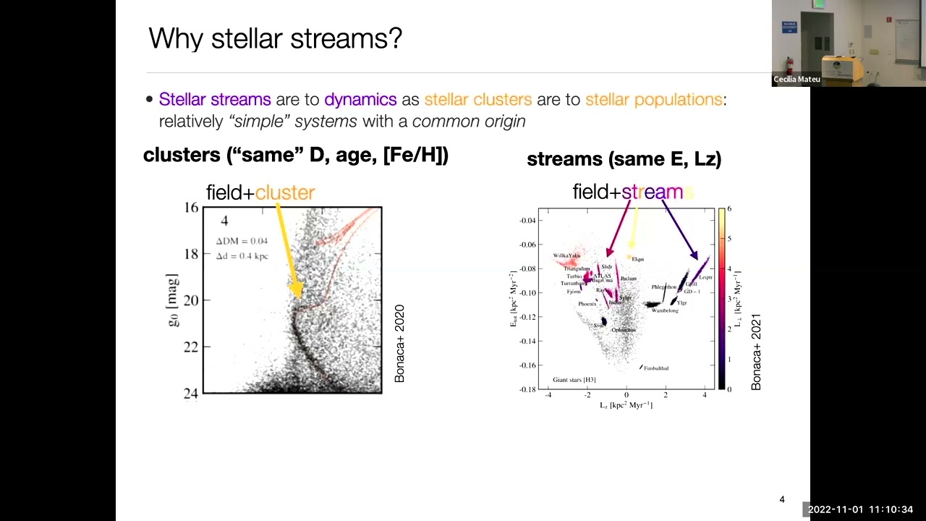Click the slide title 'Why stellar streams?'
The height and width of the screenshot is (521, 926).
point(275,38)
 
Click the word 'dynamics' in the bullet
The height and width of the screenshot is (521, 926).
point(360,99)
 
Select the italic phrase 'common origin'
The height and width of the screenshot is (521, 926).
point(469,121)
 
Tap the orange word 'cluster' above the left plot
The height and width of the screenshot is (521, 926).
point(285,192)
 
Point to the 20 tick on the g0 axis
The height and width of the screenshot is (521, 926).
point(190,300)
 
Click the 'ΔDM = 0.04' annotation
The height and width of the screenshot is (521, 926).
point(242,241)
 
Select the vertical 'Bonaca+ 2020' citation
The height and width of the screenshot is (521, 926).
point(399,344)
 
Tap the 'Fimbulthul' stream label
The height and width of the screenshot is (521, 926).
point(656,368)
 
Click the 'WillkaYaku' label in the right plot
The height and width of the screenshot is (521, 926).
point(566,255)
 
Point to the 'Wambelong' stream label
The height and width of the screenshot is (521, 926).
point(665,310)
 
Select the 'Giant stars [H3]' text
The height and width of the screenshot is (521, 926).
point(574,379)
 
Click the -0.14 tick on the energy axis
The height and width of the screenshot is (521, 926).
point(527,341)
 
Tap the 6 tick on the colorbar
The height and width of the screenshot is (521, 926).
point(729,208)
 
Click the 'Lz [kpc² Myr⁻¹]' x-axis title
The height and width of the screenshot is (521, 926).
point(626,405)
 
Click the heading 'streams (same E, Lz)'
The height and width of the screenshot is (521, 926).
point(624,159)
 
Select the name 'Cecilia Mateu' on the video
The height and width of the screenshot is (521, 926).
point(797,80)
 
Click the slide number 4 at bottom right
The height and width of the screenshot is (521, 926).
point(782,499)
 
